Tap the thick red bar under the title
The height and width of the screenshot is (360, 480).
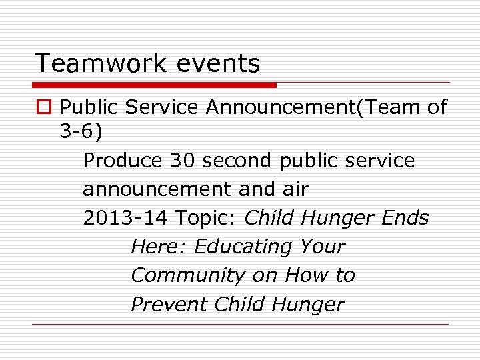point(155,85)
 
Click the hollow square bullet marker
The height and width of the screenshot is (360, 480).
point(43,107)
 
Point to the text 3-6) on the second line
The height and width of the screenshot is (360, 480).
point(81,133)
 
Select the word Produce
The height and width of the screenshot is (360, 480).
point(123,161)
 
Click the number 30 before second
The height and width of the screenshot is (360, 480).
point(183,161)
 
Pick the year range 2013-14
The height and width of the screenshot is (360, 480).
point(125,218)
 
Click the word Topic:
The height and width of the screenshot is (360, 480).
point(207,218)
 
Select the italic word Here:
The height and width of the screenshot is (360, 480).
point(159,247)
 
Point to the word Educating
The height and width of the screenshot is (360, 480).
point(244,247)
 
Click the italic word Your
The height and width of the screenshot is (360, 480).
point(323,247)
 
